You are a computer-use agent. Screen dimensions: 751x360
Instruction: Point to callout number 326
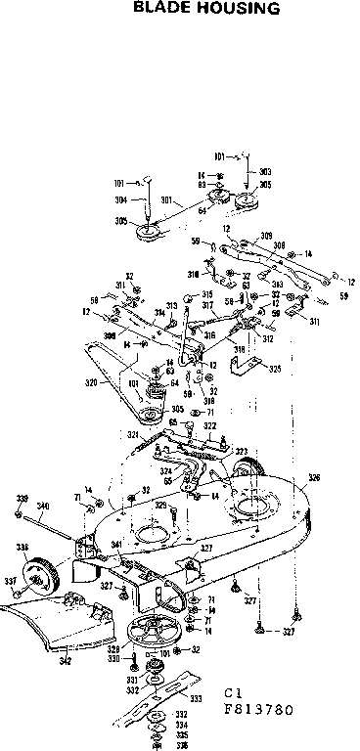[313, 478]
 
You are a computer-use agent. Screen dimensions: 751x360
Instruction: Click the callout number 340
[43, 506]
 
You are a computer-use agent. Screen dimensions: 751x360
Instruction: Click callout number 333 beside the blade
[196, 671]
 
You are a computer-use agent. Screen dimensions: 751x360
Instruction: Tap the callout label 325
[275, 369]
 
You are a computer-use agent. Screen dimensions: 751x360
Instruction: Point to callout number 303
[265, 171]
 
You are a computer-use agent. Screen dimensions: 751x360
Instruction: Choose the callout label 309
[266, 236]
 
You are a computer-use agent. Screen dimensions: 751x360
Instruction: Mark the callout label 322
[209, 427]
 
